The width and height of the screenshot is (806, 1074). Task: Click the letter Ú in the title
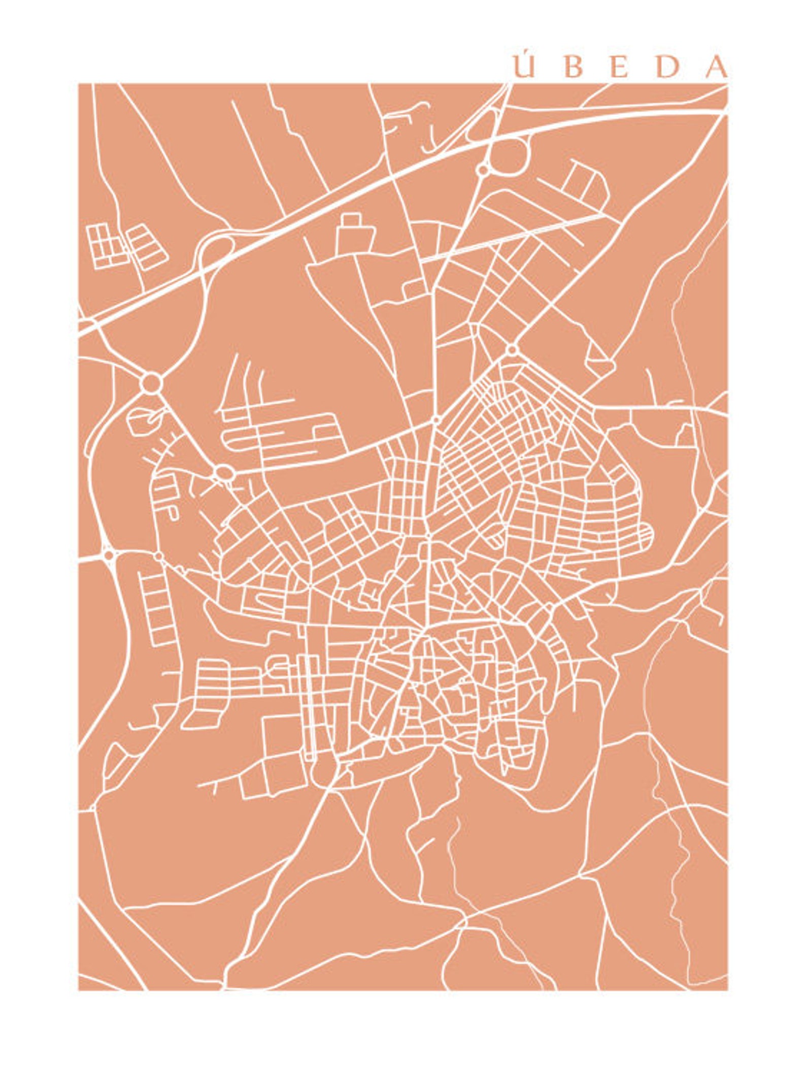point(524,68)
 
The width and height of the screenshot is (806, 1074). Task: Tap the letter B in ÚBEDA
point(573,68)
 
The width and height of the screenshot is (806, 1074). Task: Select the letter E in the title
point(619,68)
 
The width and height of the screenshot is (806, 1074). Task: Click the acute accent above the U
point(525,57)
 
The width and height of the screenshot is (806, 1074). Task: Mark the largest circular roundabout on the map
point(151,383)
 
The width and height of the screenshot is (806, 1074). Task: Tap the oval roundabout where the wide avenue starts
point(223,473)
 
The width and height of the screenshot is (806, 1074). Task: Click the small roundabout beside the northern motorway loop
point(482,169)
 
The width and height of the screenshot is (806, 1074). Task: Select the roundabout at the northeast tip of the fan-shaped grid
point(512,349)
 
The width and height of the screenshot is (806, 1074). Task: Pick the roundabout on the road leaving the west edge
point(108,555)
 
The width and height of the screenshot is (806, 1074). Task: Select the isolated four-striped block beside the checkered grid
point(147,247)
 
